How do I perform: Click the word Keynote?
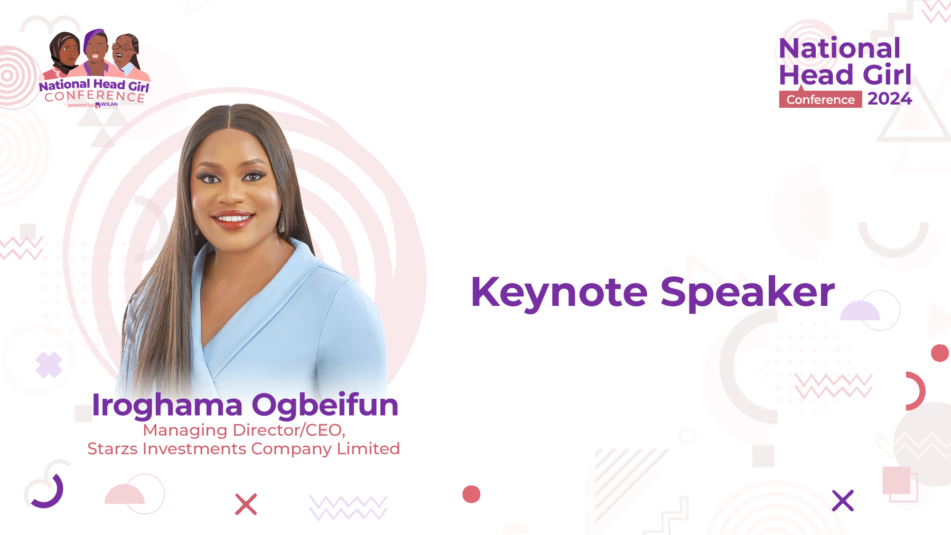(559, 293)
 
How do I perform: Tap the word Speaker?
(748, 293)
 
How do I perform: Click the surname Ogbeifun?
(325, 405)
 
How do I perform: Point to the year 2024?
(890, 98)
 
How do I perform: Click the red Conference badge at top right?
(821, 99)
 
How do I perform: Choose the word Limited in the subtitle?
(368, 448)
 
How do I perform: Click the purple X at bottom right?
(843, 501)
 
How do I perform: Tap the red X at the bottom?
(246, 504)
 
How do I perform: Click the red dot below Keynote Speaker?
(471, 494)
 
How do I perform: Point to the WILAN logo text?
(109, 105)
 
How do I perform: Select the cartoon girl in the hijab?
(64, 54)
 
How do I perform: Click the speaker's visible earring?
(281, 222)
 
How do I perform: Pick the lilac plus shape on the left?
(49, 365)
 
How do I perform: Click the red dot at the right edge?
(940, 353)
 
